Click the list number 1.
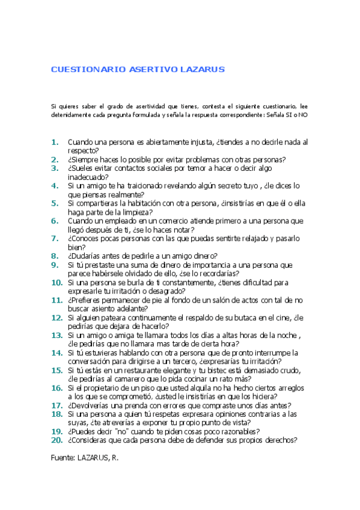coord(55,143)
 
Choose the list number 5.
coord(55,203)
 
